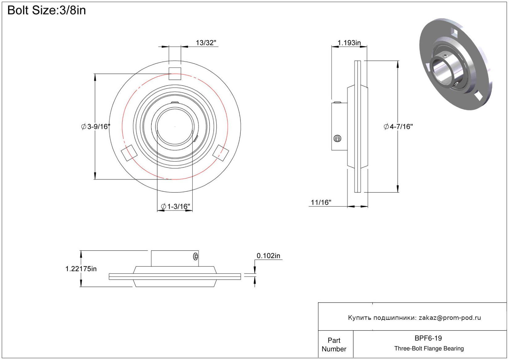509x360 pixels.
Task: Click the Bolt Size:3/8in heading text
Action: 47,11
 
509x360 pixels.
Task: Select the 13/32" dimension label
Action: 206,43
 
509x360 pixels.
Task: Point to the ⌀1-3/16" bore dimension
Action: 176,207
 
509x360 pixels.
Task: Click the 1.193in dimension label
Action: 349,43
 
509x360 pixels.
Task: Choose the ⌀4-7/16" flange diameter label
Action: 398,127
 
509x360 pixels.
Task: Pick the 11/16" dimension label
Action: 321,202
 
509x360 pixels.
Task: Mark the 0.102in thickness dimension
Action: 268,256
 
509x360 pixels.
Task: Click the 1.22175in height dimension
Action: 81,269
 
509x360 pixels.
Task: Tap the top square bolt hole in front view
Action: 175,74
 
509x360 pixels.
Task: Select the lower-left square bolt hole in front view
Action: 129,153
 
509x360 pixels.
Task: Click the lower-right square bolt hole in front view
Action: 220,153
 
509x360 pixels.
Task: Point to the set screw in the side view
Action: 337,138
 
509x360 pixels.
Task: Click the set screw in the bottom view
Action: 196,256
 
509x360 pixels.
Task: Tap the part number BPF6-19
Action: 428,338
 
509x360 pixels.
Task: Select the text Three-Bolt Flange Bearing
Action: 429,348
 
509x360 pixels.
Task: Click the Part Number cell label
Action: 334,345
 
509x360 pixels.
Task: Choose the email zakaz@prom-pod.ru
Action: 450,317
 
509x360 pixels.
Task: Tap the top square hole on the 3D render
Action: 453,33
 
